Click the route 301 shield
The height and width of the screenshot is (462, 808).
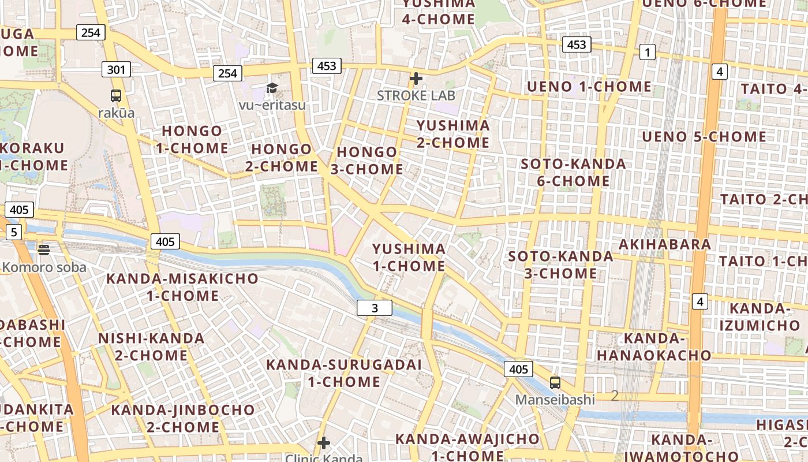[116, 70]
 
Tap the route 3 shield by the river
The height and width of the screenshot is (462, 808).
[375, 308]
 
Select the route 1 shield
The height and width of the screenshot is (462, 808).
[648, 53]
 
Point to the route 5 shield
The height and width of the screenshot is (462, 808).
[14, 233]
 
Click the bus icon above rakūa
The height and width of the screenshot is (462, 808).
[116, 96]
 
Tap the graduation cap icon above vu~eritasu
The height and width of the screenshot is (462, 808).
[272, 88]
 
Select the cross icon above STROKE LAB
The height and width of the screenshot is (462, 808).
[416, 78]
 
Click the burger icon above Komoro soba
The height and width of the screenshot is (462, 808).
[44, 250]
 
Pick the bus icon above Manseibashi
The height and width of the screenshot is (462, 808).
[555, 382]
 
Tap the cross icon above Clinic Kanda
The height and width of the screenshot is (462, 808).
[324, 443]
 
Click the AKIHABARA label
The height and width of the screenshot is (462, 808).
[665, 244]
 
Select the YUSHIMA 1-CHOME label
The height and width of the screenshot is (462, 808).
[409, 258]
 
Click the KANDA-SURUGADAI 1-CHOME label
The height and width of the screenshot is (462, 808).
[344, 373]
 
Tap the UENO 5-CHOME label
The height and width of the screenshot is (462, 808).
[704, 137]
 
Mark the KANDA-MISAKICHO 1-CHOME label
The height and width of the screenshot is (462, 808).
[182, 287]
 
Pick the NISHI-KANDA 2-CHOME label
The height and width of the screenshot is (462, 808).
[151, 346]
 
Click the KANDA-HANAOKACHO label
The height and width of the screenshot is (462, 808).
[653, 346]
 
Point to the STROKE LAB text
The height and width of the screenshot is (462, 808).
[416, 95]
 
